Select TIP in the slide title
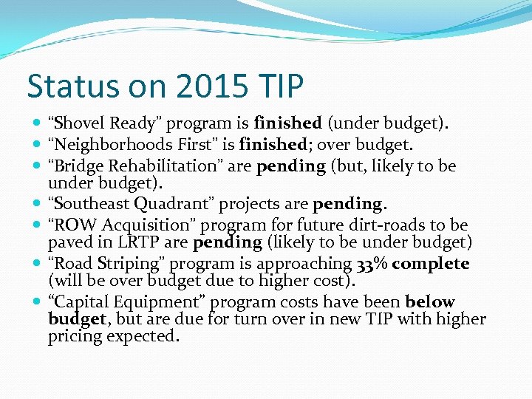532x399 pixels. coord(280,86)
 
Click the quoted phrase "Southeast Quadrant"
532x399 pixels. coord(118,204)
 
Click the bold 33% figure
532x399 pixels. coord(372,264)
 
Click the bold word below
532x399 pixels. coord(429,302)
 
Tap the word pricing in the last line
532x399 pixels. coord(73,336)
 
